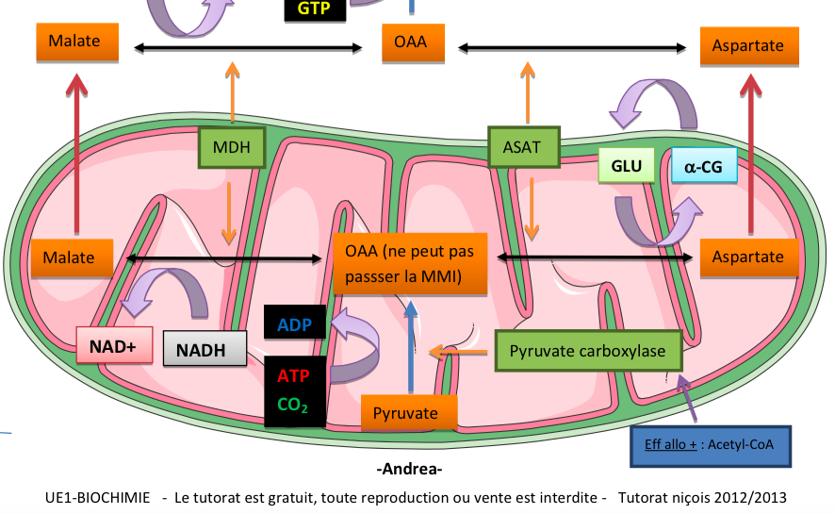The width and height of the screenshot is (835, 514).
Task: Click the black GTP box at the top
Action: coord(314,9)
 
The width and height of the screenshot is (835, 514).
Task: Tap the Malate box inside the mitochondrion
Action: coord(72,257)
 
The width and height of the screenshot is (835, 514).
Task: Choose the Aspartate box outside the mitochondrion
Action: coord(749,46)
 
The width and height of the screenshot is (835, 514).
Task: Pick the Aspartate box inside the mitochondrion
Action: coord(748,257)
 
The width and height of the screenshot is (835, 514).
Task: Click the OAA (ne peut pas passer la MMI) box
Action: coord(410,263)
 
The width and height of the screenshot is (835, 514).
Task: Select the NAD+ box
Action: coord(113,347)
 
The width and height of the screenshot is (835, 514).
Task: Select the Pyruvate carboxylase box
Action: coord(587,351)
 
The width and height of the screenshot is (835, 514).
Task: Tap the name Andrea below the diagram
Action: coord(409,469)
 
